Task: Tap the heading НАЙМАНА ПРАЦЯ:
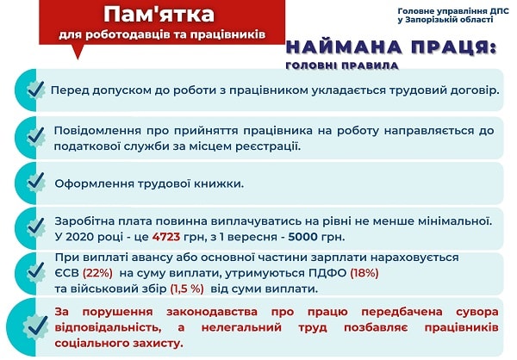[390, 48]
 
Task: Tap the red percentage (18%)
[362, 273]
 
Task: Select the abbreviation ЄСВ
[70, 273]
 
